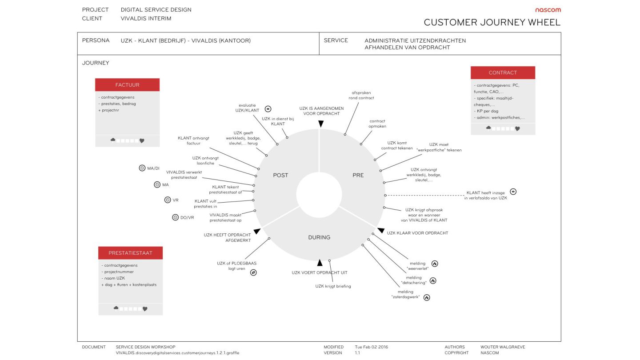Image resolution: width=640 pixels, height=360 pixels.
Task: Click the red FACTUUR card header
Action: click(x=127, y=85)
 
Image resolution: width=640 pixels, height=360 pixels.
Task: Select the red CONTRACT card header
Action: click(x=503, y=72)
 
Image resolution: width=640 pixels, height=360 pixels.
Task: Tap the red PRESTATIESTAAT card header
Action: click(x=130, y=253)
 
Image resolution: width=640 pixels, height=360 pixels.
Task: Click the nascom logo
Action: click(x=548, y=10)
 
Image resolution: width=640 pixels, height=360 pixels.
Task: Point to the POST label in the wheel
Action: click(x=280, y=175)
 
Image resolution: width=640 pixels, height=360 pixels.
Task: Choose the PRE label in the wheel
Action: click(x=358, y=175)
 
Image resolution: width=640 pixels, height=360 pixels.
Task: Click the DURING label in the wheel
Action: click(x=319, y=237)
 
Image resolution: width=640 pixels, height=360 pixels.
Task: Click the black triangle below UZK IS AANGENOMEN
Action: click(x=320, y=124)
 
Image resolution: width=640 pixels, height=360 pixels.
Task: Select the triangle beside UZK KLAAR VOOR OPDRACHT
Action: click(x=381, y=231)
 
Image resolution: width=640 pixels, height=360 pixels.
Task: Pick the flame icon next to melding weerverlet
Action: click(x=435, y=264)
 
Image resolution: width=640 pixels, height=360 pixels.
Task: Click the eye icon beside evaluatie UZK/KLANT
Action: click(x=268, y=108)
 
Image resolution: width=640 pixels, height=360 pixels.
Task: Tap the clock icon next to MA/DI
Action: click(x=142, y=168)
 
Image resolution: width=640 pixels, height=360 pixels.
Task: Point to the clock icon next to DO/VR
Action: click(x=175, y=217)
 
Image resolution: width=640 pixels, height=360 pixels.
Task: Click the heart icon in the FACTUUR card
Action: click(x=142, y=141)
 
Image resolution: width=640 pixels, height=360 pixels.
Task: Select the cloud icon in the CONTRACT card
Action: click(x=488, y=128)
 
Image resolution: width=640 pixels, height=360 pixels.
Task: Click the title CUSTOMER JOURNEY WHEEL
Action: click(x=492, y=22)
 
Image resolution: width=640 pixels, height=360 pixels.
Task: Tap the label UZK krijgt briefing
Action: click(x=333, y=286)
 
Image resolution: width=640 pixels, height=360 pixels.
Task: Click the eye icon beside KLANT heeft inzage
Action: click(x=513, y=192)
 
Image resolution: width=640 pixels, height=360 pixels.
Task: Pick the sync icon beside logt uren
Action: click(x=253, y=272)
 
